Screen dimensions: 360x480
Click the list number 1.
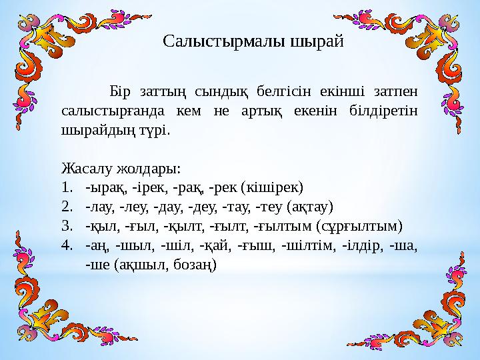tap(65, 187)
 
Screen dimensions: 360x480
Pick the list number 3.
tap(65, 225)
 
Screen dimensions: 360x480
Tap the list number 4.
tap(65, 245)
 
